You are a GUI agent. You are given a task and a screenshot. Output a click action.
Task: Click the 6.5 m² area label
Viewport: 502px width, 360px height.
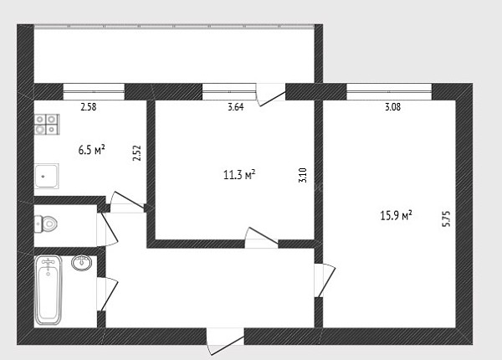click(x=92, y=150)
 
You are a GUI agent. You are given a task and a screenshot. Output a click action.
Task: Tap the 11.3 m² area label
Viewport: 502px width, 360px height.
click(x=239, y=175)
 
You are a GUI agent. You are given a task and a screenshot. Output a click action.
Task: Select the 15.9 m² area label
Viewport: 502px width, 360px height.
click(x=396, y=215)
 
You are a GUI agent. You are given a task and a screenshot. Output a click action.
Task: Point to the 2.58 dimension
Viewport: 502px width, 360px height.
click(x=89, y=106)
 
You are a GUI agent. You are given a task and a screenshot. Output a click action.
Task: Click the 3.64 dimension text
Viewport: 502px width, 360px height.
click(x=236, y=106)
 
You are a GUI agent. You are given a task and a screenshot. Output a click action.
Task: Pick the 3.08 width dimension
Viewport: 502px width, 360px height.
click(x=392, y=106)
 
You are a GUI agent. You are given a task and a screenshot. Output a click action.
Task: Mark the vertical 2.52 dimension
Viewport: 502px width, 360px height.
click(x=136, y=153)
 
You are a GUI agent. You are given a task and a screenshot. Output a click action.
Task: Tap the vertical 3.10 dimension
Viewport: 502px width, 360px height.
click(x=303, y=175)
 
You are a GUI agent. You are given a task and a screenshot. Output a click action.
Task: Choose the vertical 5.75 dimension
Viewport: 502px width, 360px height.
click(x=446, y=219)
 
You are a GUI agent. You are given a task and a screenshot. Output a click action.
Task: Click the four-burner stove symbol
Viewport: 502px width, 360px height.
click(x=47, y=124)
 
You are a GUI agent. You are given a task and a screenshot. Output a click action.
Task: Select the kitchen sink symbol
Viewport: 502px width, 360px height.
click(x=47, y=176)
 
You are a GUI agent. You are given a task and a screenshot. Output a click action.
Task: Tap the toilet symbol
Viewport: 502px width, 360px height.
click(x=46, y=224)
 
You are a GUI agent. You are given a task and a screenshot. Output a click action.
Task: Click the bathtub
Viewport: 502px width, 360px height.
click(x=49, y=290)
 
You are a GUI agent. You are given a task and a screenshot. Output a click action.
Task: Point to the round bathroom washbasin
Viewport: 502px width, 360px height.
click(x=82, y=263)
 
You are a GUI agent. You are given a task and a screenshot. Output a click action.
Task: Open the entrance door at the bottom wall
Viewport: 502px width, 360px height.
click(x=225, y=341)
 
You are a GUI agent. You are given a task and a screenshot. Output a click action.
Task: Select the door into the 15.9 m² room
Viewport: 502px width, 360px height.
click(x=324, y=280)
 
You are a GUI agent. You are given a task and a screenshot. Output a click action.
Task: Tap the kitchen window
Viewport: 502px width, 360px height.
click(x=94, y=91)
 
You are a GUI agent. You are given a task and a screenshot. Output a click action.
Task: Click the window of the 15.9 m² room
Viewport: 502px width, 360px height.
click(x=389, y=91)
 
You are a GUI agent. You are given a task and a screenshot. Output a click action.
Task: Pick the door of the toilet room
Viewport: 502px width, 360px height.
click(x=106, y=229)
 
